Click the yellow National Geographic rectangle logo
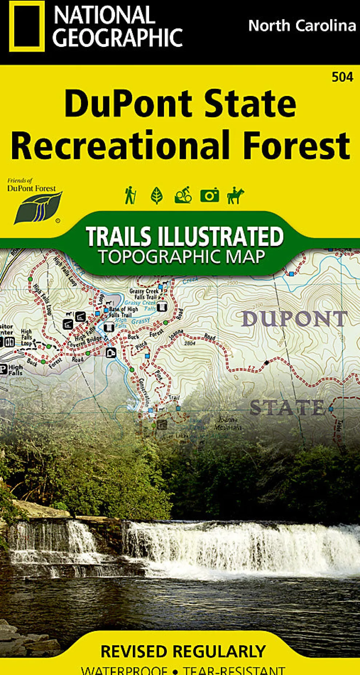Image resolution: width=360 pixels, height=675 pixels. [x=27, y=26]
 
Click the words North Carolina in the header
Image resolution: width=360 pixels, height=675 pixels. [x=302, y=25]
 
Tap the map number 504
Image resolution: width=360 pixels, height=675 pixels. [x=342, y=77]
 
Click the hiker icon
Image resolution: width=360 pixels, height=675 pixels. [x=130, y=195]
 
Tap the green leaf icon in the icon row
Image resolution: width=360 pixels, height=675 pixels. [x=157, y=195]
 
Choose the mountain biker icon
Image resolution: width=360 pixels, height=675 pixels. [x=183, y=195]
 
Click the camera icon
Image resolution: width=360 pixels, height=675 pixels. [x=209, y=195]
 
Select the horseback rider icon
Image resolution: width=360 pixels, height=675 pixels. [x=235, y=195]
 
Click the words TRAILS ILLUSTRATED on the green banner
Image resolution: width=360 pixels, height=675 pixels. [x=184, y=236]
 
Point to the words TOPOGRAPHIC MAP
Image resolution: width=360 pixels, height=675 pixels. [x=181, y=257]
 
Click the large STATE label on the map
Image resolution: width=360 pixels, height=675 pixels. [x=287, y=407]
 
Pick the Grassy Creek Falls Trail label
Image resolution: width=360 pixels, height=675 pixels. [x=144, y=294]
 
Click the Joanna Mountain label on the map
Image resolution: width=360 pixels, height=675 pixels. [x=228, y=424]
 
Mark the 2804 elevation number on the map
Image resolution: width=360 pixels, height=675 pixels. [x=190, y=343]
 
